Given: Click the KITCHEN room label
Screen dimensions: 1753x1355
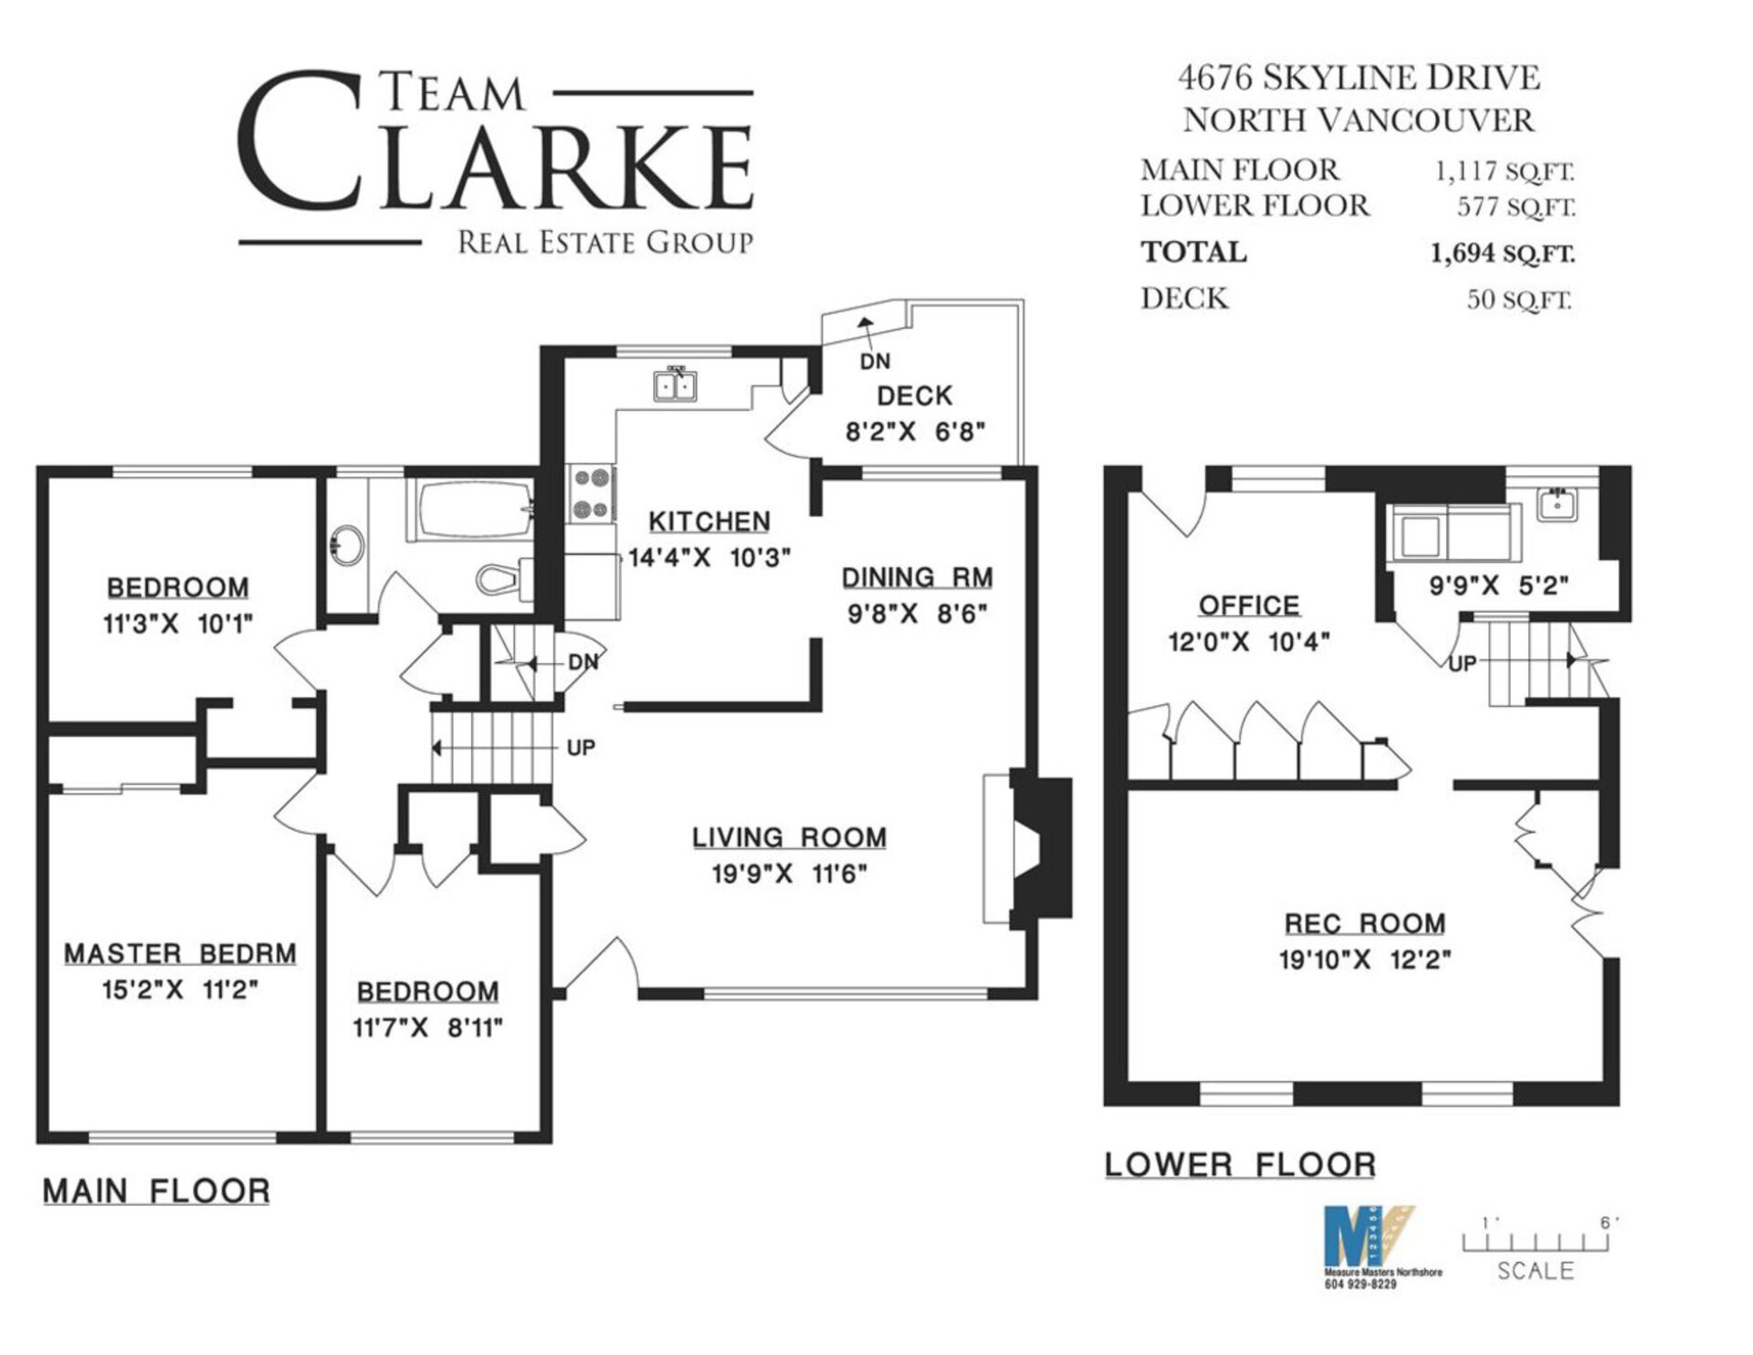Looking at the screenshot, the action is (709, 521).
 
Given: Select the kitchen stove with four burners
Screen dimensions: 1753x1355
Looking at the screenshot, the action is (592, 494).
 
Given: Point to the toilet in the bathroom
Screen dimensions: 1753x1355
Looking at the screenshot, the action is (505, 579).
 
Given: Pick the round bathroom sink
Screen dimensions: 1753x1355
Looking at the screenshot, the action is (347, 546).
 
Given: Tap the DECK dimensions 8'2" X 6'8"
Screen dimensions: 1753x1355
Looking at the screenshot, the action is (916, 431).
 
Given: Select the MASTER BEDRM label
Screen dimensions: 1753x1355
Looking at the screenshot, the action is (180, 954).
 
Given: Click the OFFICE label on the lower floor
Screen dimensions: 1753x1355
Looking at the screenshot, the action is (1249, 605).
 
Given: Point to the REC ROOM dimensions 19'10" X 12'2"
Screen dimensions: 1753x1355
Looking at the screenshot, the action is (1365, 961).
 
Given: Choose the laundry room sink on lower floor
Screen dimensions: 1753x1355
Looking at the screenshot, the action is (1558, 504).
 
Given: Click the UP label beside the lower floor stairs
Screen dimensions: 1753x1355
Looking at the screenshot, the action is (1463, 664).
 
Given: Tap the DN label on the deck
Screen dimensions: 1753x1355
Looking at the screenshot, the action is (875, 361).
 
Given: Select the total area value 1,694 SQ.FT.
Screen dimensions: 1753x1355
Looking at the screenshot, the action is (1503, 253).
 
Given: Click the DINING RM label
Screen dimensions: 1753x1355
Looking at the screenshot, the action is (917, 578).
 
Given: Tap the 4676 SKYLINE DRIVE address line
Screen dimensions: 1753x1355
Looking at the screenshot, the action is (1359, 78).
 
